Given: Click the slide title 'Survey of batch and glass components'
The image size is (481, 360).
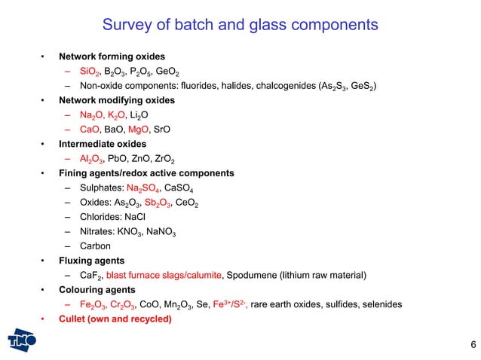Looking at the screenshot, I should click(x=240, y=26).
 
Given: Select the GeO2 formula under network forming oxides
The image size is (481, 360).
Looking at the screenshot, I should click(x=171, y=72).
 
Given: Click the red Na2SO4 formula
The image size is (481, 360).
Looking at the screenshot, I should click(x=143, y=188).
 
